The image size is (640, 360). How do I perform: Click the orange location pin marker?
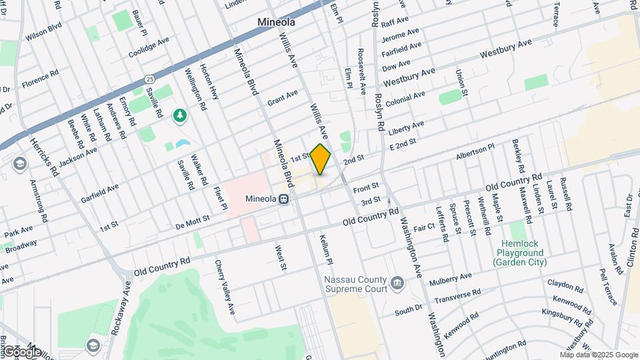(321, 159)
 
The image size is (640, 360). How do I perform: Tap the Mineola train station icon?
(284, 198)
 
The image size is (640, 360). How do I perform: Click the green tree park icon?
(179, 116)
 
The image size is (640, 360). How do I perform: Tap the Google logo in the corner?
(22, 351)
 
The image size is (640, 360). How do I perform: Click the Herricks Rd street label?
(44, 157)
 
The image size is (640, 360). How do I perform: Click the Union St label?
(460, 85)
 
